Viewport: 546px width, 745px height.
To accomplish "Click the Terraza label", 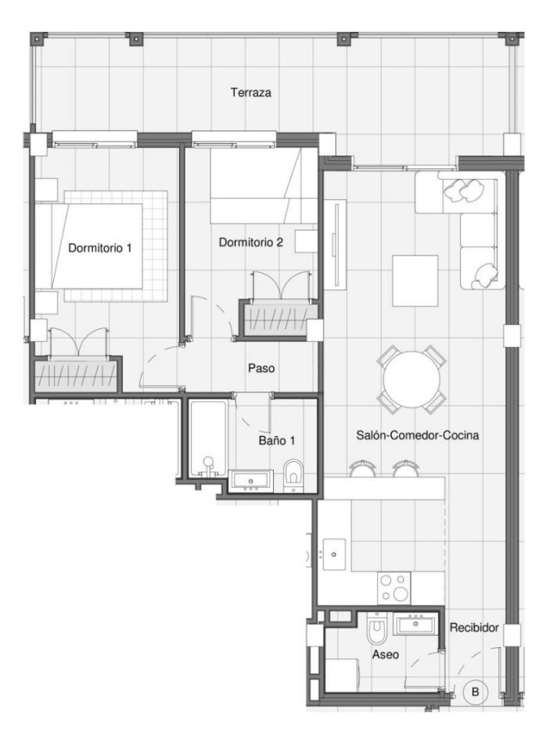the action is tap(250, 92).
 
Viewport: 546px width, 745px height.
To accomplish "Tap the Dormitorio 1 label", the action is tap(100, 248).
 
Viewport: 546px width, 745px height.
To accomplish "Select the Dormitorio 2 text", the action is tap(250, 242).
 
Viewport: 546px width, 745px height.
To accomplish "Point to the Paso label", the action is tap(261, 368).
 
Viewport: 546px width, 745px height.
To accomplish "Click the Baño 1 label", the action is tap(277, 440).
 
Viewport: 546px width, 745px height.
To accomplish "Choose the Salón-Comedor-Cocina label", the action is tap(417, 435).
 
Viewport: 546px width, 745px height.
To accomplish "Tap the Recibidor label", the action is tap(474, 628).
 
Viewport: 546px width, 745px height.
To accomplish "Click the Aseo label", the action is tap(385, 654).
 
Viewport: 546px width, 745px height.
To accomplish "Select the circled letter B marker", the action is tap(476, 691).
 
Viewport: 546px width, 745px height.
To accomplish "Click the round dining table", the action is tap(412, 378).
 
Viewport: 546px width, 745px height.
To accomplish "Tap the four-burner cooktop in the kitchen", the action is tap(394, 588).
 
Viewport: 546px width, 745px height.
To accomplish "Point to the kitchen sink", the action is tap(334, 554).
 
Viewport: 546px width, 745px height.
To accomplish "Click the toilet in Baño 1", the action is tap(293, 475).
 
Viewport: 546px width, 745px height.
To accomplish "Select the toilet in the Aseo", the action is tap(377, 628).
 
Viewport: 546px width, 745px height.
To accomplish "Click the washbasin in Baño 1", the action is tap(251, 481).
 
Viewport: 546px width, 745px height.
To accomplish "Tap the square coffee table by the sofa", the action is tap(415, 281).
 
